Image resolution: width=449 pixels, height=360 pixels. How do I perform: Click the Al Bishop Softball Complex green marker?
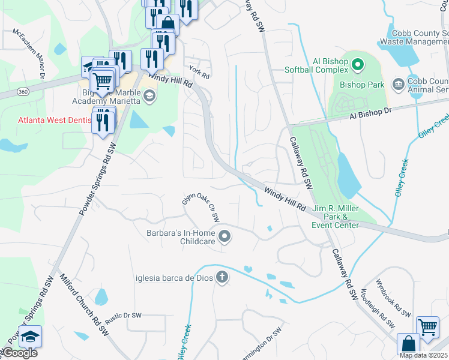pyautogui.click(x=358, y=63)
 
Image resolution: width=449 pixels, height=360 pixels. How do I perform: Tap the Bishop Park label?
pyautogui.click(x=361, y=85)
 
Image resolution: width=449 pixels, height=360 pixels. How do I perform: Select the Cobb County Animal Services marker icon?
pyautogui.click(x=397, y=83)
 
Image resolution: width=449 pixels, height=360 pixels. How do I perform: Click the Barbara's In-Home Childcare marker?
pyautogui.click(x=225, y=237)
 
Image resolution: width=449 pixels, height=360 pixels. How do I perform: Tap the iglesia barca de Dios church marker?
pyautogui.click(x=222, y=277)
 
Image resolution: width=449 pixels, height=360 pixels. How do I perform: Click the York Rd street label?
pyautogui.click(x=199, y=72)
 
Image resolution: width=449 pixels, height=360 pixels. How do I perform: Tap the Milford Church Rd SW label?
pyautogui.click(x=85, y=305)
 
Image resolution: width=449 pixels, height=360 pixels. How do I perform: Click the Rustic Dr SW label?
pyautogui.click(x=123, y=315)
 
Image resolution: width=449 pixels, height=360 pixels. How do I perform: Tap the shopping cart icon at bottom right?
pyautogui.click(x=427, y=328)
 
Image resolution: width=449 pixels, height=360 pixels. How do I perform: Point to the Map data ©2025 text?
pyautogui.click(x=423, y=355)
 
